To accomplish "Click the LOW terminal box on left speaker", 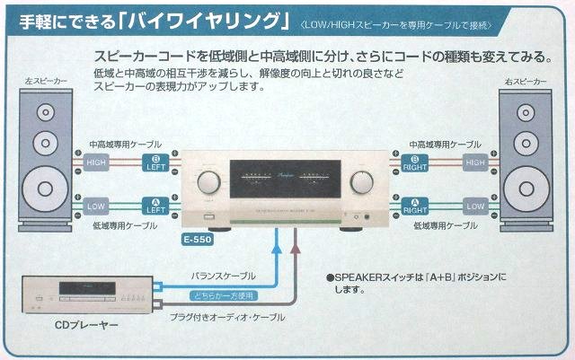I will (x=96, y=206).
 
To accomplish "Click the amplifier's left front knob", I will (x=207, y=181).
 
